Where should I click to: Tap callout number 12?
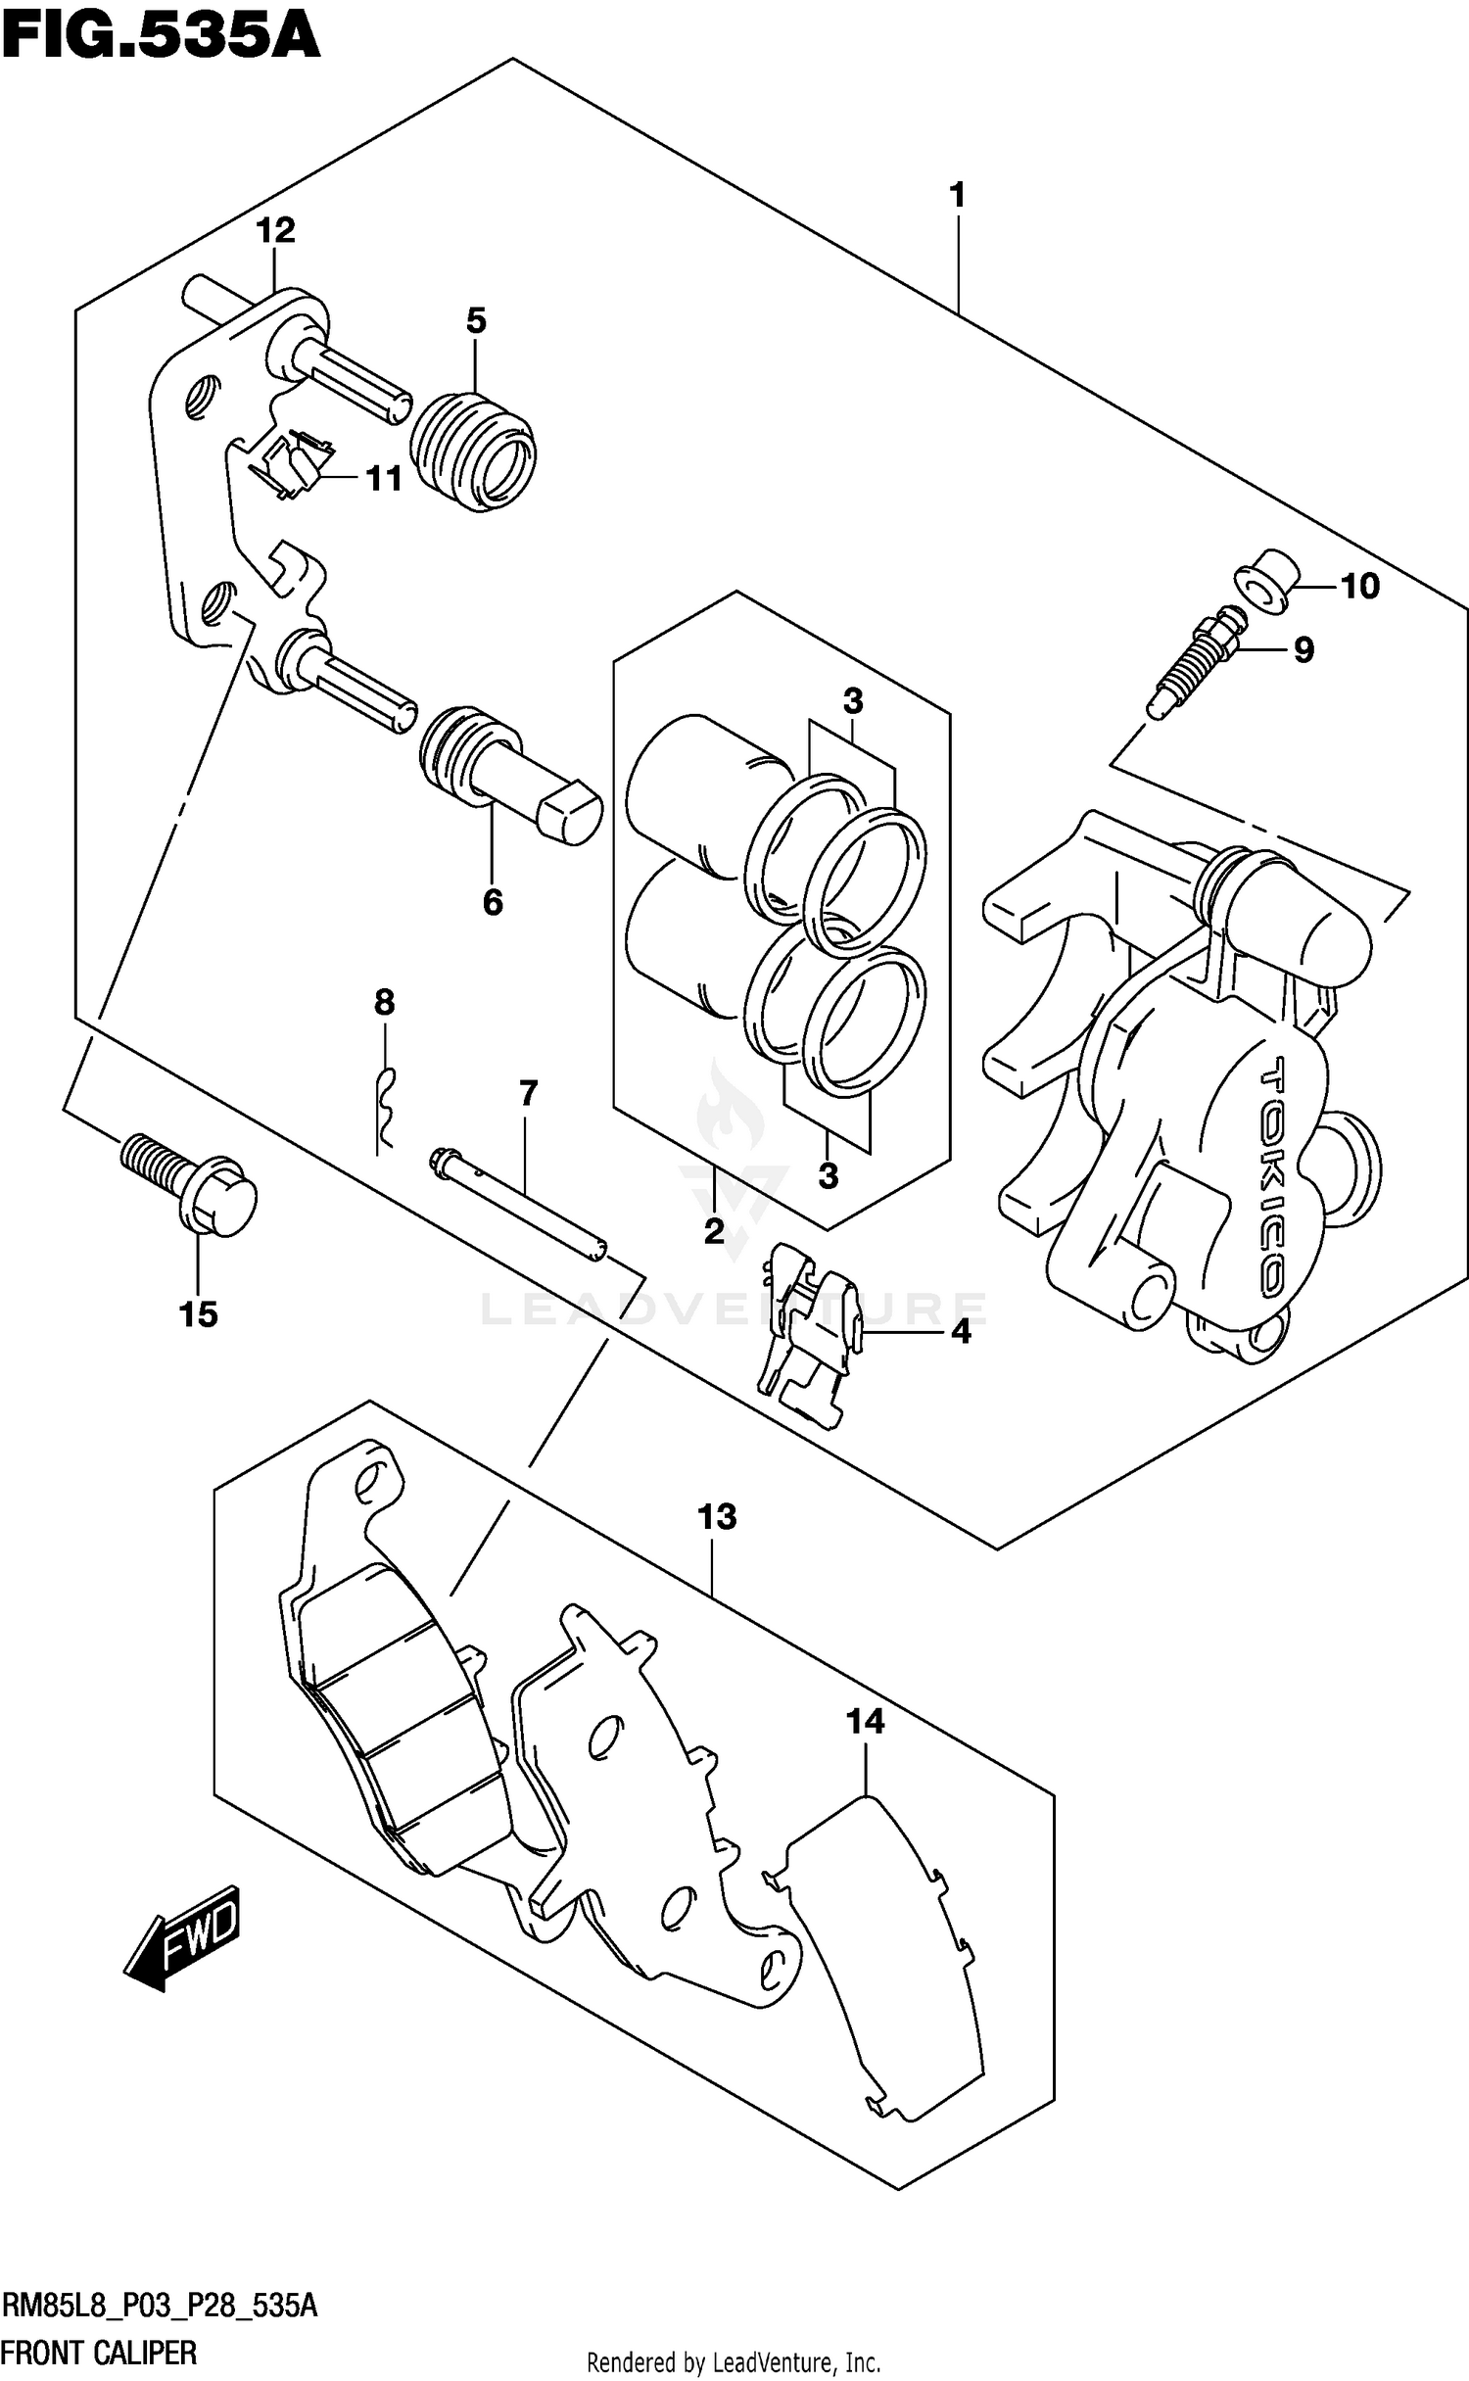(x=275, y=231)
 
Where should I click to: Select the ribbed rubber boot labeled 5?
(x=473, y=452)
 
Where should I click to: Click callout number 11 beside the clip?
(x=384, y=479)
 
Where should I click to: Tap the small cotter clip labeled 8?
(x=386, y=1107)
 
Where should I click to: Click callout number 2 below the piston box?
(x=714, y=1230)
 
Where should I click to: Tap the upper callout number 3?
(x=853, y=701)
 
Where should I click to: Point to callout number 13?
(x=717, y=1516)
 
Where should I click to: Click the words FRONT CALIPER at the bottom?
(x=99, y=2352)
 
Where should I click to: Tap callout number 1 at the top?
(x=958, y=195)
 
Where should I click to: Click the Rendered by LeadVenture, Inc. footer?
(x=734, y=2361)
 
